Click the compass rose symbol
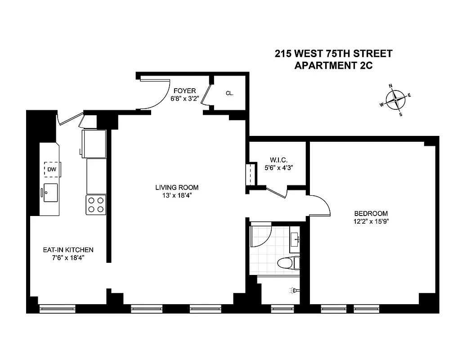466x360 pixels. [x=395, y=99]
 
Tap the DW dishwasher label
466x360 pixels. [x=52, y=169]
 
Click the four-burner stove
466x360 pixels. [x=96, y=205]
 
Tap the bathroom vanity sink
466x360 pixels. [x=296, y=238]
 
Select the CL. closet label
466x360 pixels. [x=229, y=94]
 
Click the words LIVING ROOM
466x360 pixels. [x=177, y=188]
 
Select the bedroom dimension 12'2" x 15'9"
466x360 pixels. [x=371, y=221]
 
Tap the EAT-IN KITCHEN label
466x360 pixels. [x=68, y=250]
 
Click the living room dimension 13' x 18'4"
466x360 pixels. [x=177, y=195]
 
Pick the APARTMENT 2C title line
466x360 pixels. [x=333, y=65]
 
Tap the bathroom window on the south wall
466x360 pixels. [x=282, y=309]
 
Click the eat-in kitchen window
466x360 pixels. [x=57, y=309]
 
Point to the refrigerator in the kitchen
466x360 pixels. [x=94, y=143]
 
